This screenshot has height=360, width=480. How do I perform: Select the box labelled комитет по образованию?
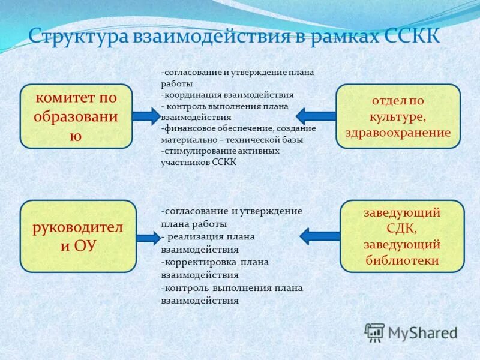click(76, 116)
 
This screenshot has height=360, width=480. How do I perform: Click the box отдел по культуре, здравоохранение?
click(398, 116)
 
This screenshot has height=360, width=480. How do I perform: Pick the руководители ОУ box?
click(78, 236)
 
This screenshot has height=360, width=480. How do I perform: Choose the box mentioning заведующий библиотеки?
click(402, 236)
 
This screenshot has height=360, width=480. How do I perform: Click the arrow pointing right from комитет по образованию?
click(146, 116)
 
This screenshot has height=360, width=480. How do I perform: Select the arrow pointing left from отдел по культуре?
click(316, 116)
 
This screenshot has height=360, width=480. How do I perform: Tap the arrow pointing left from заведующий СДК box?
click(319, 236)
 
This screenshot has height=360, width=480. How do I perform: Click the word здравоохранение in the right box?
click(398, 133)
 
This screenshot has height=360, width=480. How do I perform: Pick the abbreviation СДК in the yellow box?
click(402, 229)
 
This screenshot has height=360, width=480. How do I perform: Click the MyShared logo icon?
click(374, 332)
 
